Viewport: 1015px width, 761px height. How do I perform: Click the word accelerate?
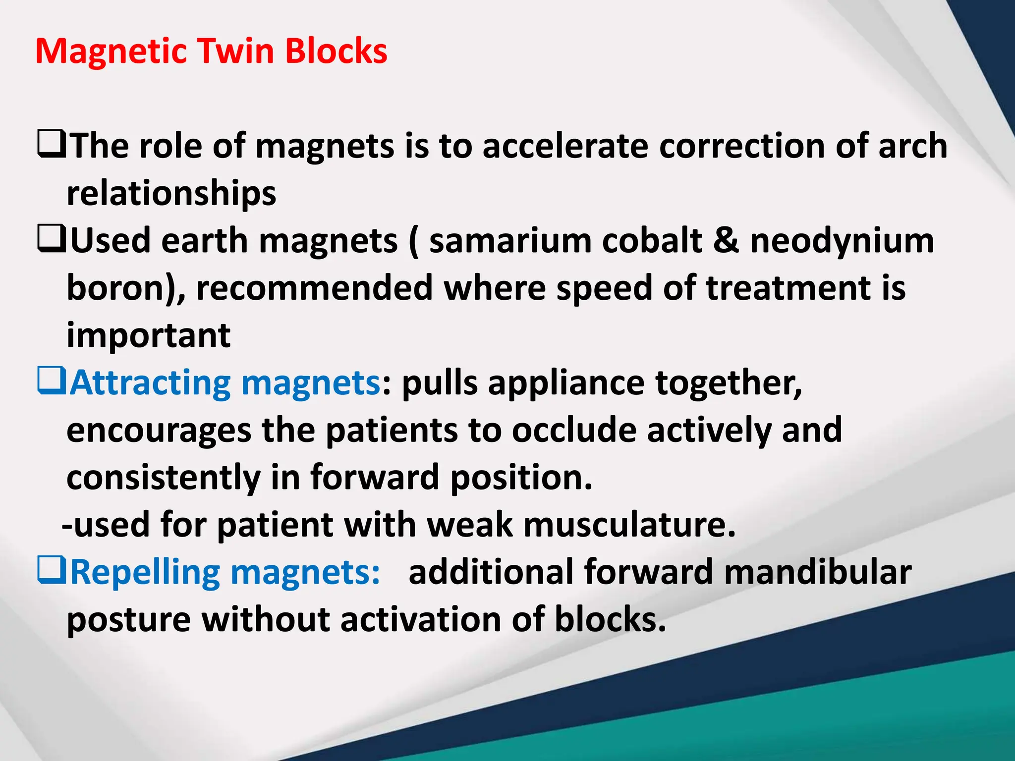[565, 146]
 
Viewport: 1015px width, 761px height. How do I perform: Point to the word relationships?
[171, 194]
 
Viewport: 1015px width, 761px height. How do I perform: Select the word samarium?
[509, 241]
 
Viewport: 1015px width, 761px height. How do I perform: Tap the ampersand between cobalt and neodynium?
[726, 241]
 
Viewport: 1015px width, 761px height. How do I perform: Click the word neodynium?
[842, 241]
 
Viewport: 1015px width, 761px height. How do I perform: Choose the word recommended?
[314, 288]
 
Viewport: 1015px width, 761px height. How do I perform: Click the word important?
[148, 336]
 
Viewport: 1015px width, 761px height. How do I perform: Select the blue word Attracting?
[150, 383]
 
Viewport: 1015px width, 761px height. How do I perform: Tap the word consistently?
[164, 478]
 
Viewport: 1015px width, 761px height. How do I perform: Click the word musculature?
[629, 525]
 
